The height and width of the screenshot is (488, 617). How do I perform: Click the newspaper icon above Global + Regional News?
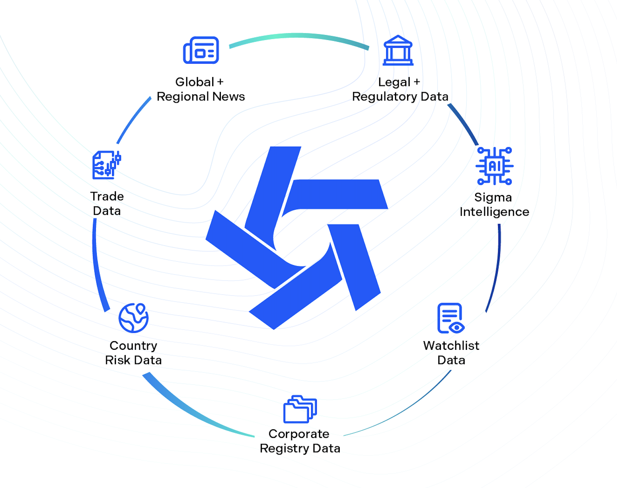(x=201, y=50)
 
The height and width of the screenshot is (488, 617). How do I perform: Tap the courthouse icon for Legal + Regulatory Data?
(x=398, y=51)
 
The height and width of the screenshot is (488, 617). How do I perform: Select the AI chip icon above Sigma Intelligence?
(x=494, y=166)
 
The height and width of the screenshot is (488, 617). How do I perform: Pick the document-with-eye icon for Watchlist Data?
(x=451, y=318)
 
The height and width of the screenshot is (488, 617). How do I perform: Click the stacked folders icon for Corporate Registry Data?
(x=300, y=409)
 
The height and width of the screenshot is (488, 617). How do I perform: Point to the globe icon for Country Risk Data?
(x=134, y=318)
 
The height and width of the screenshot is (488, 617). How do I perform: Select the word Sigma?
(x=493, y=198)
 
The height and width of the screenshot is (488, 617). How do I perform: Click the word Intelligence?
(x=494, y=212)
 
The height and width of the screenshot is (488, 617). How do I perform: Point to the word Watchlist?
(x=451, y=346)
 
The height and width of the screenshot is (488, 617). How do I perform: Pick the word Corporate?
(x=299, y=434)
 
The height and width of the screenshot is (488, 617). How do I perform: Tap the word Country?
(x=133, y=346)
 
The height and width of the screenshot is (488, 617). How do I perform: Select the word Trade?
(x=107, y=196)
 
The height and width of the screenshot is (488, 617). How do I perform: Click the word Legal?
(x=394, y=82)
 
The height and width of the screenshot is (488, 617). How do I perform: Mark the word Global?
(x=195, y=82)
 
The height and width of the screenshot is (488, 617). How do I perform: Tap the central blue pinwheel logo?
(x=297, y=237)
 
